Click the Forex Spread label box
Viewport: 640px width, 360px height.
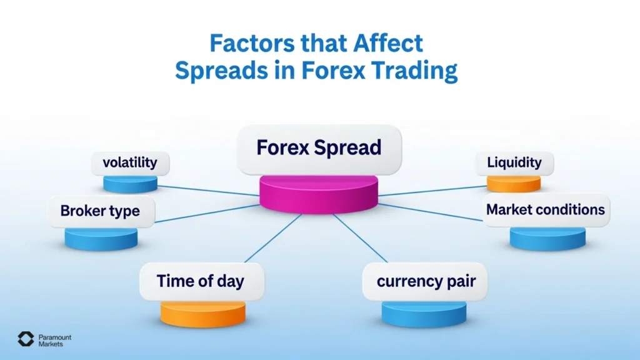[319, 149]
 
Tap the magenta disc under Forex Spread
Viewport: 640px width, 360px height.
[319, 194]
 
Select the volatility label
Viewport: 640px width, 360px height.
[130, 163]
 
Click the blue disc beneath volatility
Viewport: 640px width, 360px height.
[130, 184]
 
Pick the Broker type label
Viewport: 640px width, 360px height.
[100, 211]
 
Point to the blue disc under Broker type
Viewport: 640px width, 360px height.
[101, 238]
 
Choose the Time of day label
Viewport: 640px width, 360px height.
[201, 281]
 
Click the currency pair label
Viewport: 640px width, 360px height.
[426, 281]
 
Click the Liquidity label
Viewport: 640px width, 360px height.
[514, 163]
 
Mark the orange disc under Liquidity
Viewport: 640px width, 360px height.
[514, 183]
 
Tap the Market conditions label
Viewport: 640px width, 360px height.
[546, 209]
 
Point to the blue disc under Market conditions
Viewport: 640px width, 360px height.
[547, 238]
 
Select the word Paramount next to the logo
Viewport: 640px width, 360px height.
[55, 337]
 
